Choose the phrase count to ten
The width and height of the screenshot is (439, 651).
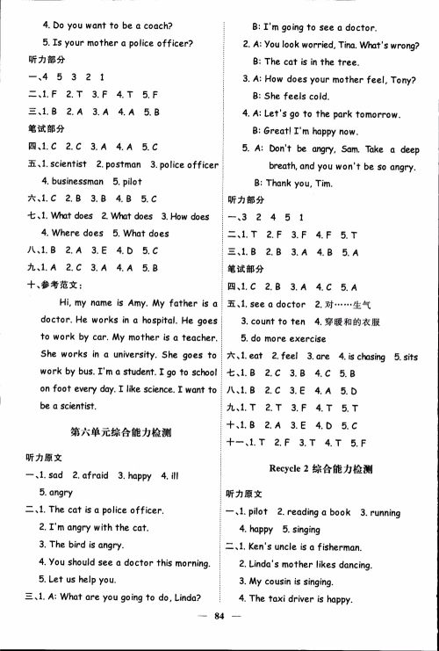[279, 322]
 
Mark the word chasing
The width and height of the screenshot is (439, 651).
[368, 356]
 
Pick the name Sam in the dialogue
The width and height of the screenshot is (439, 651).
[346, 148]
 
